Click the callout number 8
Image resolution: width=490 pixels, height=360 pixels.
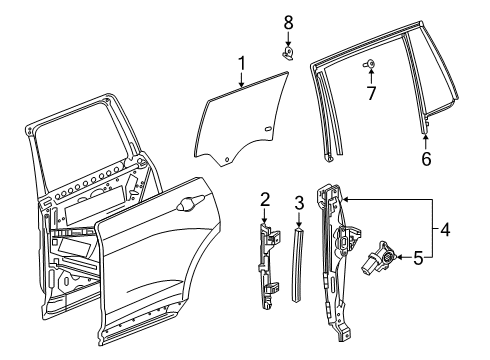coord(288,22)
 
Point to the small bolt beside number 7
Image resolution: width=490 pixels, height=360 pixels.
coord(369,65)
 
